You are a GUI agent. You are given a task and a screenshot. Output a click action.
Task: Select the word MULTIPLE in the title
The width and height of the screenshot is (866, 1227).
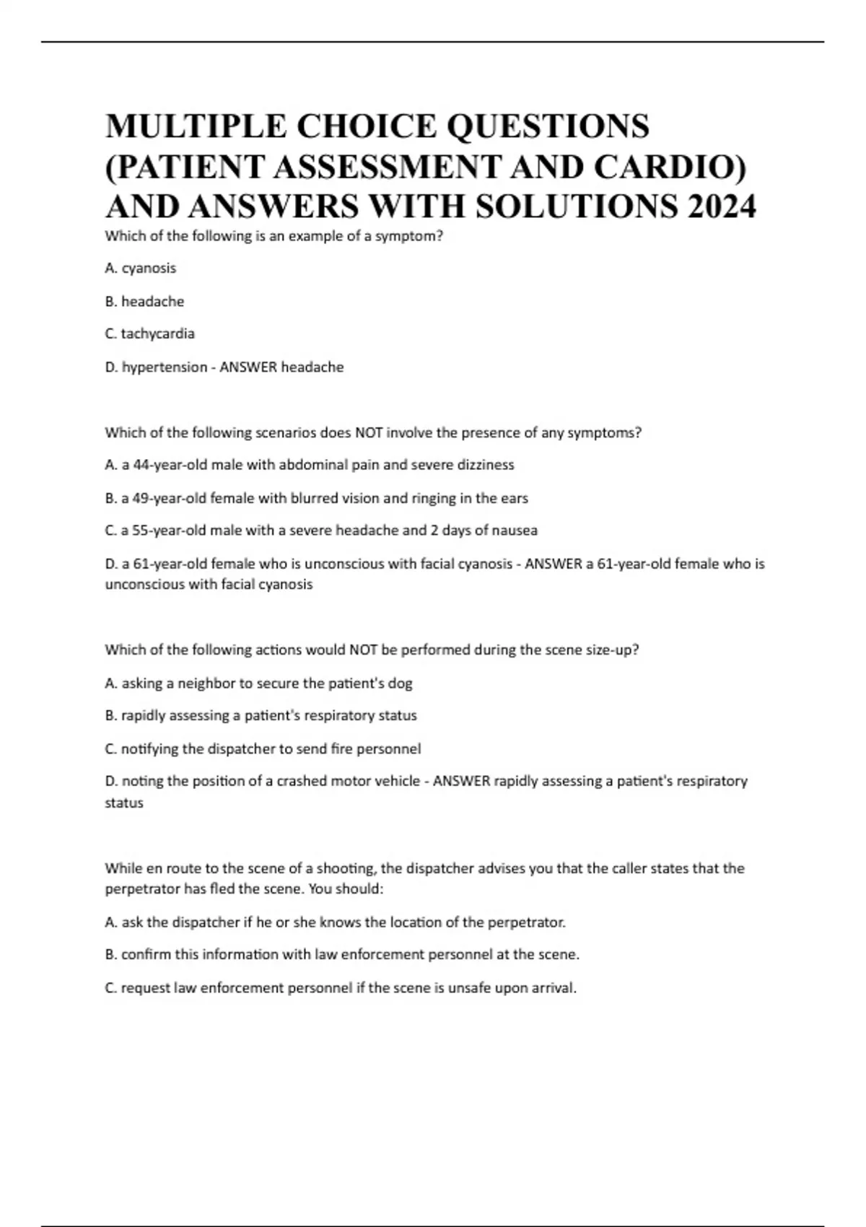[196, 126]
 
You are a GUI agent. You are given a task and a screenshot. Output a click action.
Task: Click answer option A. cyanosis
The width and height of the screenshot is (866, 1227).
[141, 268]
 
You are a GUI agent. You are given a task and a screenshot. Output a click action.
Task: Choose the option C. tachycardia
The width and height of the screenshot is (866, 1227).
[150, 334]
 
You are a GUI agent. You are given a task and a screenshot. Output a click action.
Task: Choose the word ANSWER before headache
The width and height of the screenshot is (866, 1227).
[248, 367]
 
